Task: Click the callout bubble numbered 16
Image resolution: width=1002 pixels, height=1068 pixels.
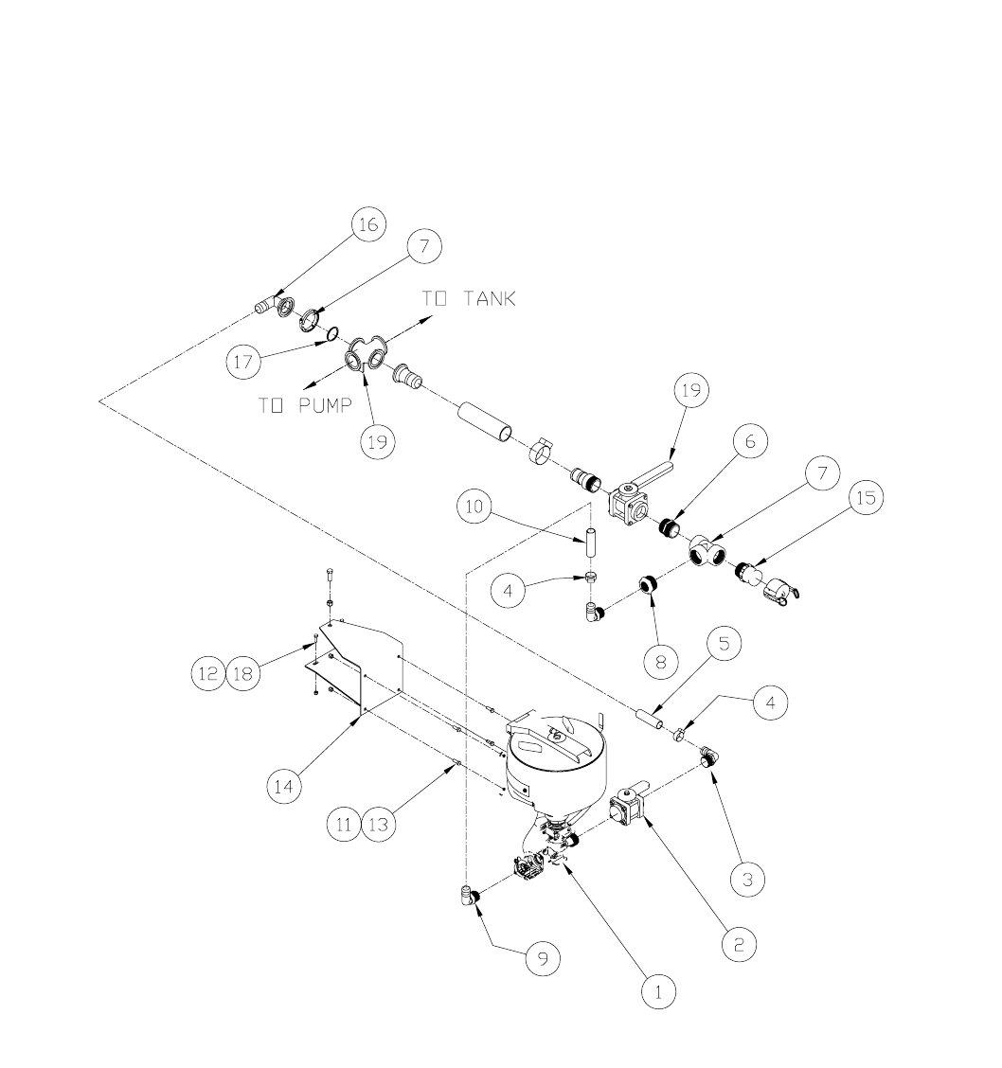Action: pos(367,224)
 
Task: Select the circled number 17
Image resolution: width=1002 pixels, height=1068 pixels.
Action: pos(243,360)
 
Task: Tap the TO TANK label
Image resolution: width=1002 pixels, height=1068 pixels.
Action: pos(469,299)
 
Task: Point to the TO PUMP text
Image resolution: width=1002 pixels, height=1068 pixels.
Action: pos(305,405)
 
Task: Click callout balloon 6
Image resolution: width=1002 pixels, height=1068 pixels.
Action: pos(748,441)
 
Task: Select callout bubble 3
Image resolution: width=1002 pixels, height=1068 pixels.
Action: pos(747,880)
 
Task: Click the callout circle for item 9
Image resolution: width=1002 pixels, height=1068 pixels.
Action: pos(544,959)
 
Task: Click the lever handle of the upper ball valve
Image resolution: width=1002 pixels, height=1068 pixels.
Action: pos(652,472)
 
